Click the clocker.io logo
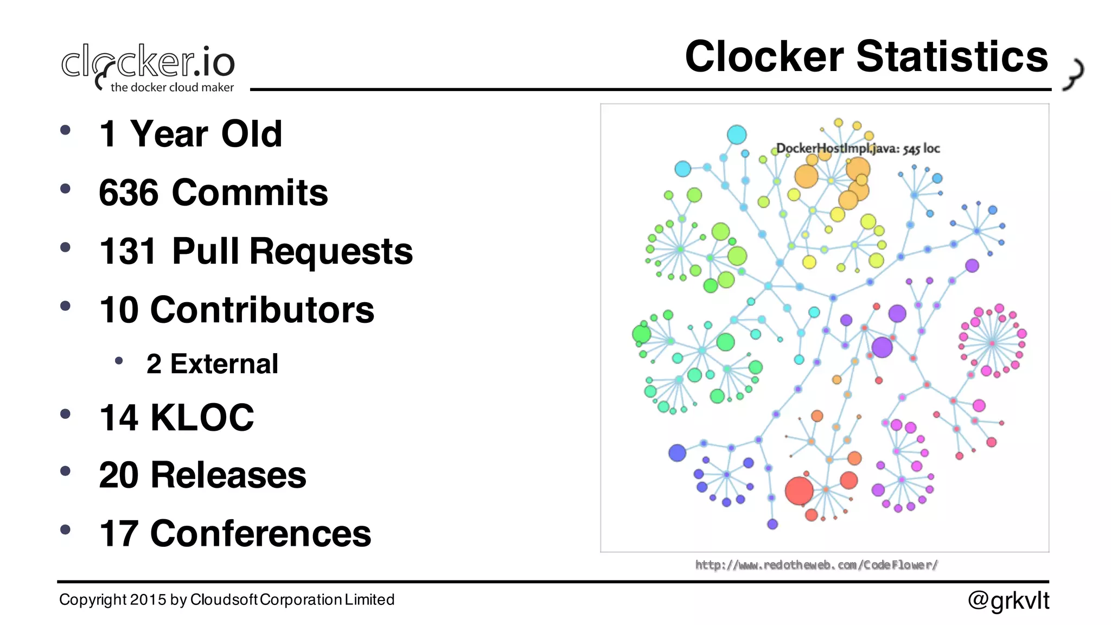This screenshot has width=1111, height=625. pos(148,65)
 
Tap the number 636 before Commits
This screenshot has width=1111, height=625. pos(129,193)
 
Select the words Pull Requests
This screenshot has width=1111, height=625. pos(292,251)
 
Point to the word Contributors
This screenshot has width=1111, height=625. pos(262,310)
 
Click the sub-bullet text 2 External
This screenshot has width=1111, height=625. pos(212,363)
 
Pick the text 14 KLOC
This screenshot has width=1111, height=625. pos(176,417)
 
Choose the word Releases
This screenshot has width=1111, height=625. pos(228,475)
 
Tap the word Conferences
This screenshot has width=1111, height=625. pos(260,533)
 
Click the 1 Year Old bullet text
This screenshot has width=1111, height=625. pos(190,134)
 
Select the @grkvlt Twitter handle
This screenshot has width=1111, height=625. pos(1008,600)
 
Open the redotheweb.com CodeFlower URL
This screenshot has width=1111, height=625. pos(816,565)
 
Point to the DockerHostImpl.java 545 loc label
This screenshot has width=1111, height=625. pos(858,148)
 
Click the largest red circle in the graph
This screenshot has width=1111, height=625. pos(799,490)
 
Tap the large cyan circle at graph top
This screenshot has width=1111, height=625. pos(736,134)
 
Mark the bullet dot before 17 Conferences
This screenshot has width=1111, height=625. pos(66,530)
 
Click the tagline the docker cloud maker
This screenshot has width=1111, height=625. pos(172,87)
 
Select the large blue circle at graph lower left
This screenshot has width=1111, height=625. pos(677,452)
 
